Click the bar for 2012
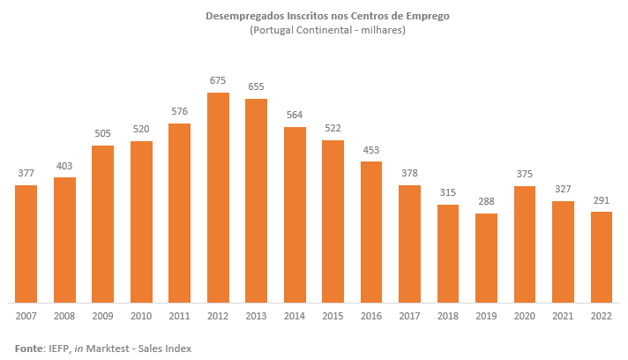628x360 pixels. coord(218,197)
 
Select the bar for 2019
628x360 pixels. coord(486,257)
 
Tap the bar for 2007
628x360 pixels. coord(26,243)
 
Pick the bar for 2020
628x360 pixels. coord(525,243)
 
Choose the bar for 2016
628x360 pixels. coord(371,231)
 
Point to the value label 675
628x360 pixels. coord(218,81)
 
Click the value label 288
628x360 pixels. coord(486,202)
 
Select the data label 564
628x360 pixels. coord(295,116)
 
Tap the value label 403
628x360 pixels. coord(64,166)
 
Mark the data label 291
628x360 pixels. coord(602,200)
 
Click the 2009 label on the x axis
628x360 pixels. coord(103,314)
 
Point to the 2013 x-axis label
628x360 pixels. coord(257,314)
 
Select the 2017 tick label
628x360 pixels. coord(410,314)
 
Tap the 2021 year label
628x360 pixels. coord(563,314)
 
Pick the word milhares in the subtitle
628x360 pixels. coord(376,31)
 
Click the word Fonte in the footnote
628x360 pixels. coord(28,349)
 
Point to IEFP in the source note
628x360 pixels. coord(59,349)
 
